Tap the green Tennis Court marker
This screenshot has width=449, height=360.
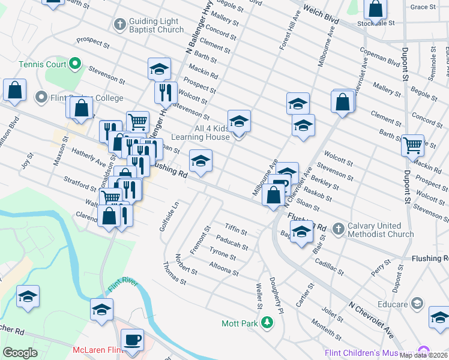tap(75, 63)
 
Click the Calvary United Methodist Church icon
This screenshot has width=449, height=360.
tap(339, 229)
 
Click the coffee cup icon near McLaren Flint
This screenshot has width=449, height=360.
tap(132, 339)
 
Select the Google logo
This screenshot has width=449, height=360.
tap(20, 353)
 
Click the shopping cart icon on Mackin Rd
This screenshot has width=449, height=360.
tap(412, 145)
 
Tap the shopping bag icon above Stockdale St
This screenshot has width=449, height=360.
tap(376, 10)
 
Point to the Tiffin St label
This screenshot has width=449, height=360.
tap(235, 229)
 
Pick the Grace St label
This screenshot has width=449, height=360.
tap(423, 7)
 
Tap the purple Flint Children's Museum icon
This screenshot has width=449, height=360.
tap(425, 352)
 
